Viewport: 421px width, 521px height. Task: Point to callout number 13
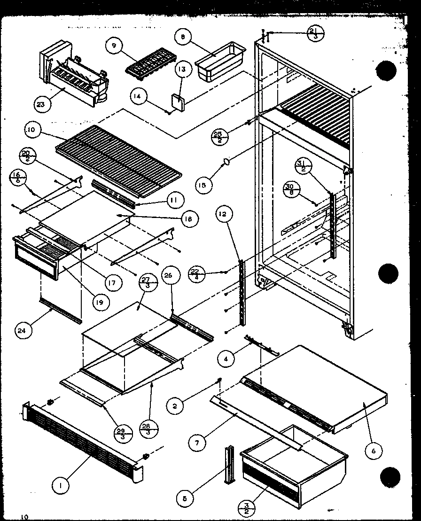point(182,70)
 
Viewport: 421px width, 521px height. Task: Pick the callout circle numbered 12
point(223,215)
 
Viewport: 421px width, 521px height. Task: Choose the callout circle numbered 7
point(198,441)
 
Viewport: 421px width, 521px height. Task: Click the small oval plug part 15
point(226,162)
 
